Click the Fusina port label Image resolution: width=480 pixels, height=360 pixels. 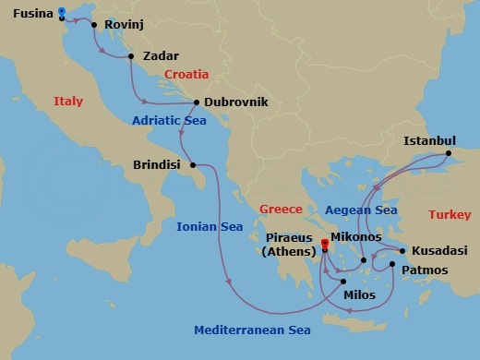click(26, 14)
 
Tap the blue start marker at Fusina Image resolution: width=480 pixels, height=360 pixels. click(61, 12)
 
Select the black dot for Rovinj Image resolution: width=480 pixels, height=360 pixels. click(94, 25)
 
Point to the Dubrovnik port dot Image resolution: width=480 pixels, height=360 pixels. click(197, 102)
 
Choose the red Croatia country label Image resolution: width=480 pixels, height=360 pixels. click(186, 75)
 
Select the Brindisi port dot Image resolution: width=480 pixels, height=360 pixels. click(193, 166)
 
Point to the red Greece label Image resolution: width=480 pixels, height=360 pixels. click(281, 209)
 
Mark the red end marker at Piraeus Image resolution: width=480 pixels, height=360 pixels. click(325, 245)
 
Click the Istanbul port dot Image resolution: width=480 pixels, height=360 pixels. click(450, 153)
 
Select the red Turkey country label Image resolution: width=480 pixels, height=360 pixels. click(450, 215)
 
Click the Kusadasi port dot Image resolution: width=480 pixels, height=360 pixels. click(402, 250)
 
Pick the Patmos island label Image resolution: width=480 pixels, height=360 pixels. click(426, 270)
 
